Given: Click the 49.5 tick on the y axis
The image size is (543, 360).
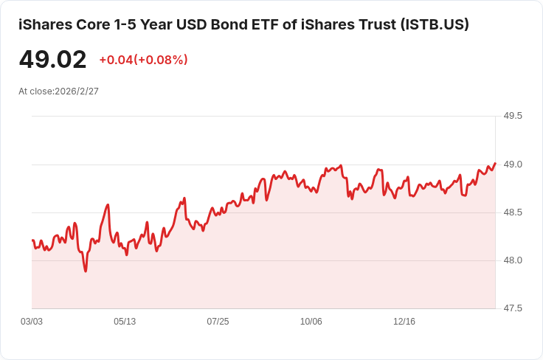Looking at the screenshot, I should point(512,117).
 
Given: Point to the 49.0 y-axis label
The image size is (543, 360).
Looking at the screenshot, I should point(512,165).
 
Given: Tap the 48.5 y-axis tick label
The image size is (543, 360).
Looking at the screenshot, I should point(512,212).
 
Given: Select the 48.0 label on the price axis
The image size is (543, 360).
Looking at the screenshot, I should point(512,260).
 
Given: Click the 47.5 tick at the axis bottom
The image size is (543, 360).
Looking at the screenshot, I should point(512,308).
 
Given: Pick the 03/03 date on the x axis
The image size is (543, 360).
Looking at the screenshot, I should point(32,322).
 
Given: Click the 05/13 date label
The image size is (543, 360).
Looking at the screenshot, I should point(125,322).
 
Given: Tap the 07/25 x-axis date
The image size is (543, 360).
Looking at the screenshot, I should point(218,322).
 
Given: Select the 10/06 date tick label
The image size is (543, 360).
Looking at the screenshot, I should point(311,322).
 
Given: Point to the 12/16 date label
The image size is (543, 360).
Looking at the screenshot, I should point(404,322).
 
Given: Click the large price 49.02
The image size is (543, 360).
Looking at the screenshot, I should point(52,60).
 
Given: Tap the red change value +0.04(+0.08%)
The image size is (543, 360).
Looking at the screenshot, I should point(143,60).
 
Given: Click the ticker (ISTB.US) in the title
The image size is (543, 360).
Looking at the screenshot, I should point(424,24).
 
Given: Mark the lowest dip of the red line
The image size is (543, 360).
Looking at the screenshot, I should point(86,271).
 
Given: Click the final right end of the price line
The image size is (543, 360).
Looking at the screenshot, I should point(494,163).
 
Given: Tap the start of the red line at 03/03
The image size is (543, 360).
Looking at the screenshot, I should point(32,240).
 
